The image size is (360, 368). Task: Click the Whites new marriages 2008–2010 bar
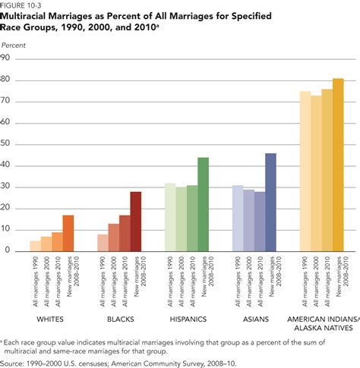click(x=68, y=233)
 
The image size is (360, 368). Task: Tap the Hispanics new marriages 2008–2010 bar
click(x=203, y=204)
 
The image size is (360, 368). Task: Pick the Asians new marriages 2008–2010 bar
click(x=270, y=202)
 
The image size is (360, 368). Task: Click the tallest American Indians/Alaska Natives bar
click(x=338, y=165)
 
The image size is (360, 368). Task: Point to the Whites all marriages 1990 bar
click(x=35, y=246)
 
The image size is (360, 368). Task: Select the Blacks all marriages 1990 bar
click(x=103, y=242)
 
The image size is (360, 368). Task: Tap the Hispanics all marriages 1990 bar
click(x=170, y=217)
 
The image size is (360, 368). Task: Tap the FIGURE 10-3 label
click(x=21, y=4)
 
